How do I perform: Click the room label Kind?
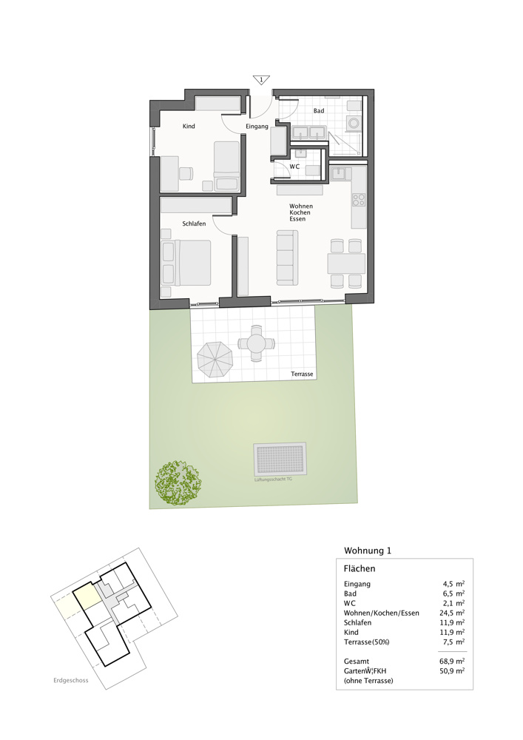[189, 127]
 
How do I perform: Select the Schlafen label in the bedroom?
[194, 223]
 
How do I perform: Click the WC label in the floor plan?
[294, 167]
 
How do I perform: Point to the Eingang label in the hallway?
[257, 127]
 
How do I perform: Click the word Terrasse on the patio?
[302, 374]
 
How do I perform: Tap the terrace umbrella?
[215, 359]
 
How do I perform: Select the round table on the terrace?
[256, 343]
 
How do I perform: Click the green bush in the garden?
[178, 483]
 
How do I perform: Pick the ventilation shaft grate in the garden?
[279, 460]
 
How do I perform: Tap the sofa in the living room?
[286, 257]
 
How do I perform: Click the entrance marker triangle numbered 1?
[260, 79]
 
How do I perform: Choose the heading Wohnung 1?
[368, 551]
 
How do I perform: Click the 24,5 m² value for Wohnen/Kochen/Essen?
[452, 613]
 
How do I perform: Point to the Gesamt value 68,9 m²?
[452, 661]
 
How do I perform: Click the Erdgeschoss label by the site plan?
[70, 681]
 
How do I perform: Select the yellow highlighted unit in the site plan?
[86, 596]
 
